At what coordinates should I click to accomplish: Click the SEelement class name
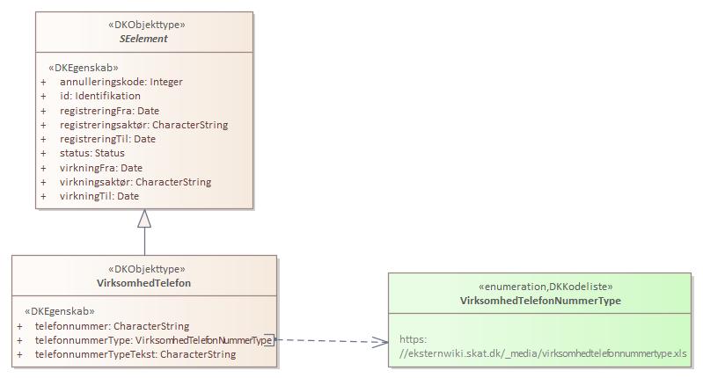[143, 39]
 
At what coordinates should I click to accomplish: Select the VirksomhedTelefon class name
[143, 283]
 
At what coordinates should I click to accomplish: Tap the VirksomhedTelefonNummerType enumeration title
[540, 301]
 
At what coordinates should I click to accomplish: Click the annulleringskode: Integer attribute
[121, 82]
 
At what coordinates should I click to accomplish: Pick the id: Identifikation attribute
[99, 96]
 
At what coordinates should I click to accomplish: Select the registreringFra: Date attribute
[109, 111]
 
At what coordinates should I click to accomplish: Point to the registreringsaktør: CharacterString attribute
[143, 125]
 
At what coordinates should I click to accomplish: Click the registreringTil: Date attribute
[107, 139]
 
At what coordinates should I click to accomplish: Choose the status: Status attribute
[92, 153]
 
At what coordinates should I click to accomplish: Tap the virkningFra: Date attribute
[101, 168]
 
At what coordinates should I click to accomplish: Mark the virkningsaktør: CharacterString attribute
[135, 182]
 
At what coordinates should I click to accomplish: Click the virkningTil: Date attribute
[99, 196]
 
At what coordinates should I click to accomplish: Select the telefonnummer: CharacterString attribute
[112, 325]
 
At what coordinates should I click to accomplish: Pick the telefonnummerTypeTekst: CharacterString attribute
[135, 354]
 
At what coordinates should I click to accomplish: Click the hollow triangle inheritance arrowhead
[144, 220]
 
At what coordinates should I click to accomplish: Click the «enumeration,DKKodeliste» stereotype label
[540, 287]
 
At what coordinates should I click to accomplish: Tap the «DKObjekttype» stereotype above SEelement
[143, 25]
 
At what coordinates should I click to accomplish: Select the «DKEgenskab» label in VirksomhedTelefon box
[60, 311]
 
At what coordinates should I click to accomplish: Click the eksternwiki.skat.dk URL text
[543, 354]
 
